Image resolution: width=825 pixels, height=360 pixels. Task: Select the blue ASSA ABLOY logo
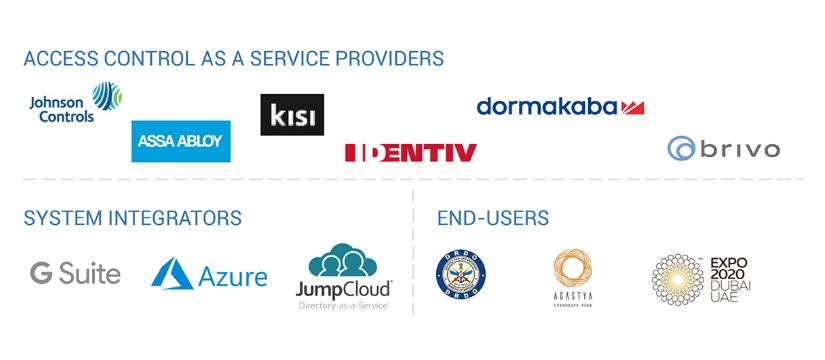[x=181, y=141]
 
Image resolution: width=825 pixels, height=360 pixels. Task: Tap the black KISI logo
[x=292, y=114]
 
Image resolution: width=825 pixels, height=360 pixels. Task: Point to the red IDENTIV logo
[x=410, y=153]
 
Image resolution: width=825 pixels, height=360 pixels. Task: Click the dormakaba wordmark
[x=546, y=106]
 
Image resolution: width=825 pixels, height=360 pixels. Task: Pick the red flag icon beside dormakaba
[x=632, y=107]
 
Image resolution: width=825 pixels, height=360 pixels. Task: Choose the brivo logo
[x=724, y=150]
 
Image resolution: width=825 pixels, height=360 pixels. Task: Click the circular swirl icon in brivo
[x=681, y=150]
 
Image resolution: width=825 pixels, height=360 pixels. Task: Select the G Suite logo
[x=75, y=273]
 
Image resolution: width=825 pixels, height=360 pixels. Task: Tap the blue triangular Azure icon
[x=172, y=273]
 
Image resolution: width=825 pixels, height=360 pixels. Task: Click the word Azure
[x=234, y=276]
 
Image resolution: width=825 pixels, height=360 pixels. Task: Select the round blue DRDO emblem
[x=461, y=273]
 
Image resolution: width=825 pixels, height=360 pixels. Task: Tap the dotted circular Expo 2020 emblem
[x=677, y=277]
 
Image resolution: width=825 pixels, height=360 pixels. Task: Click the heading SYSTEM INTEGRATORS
[x=133, y=218]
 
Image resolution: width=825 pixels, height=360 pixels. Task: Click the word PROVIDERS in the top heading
[x=389, y=58]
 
